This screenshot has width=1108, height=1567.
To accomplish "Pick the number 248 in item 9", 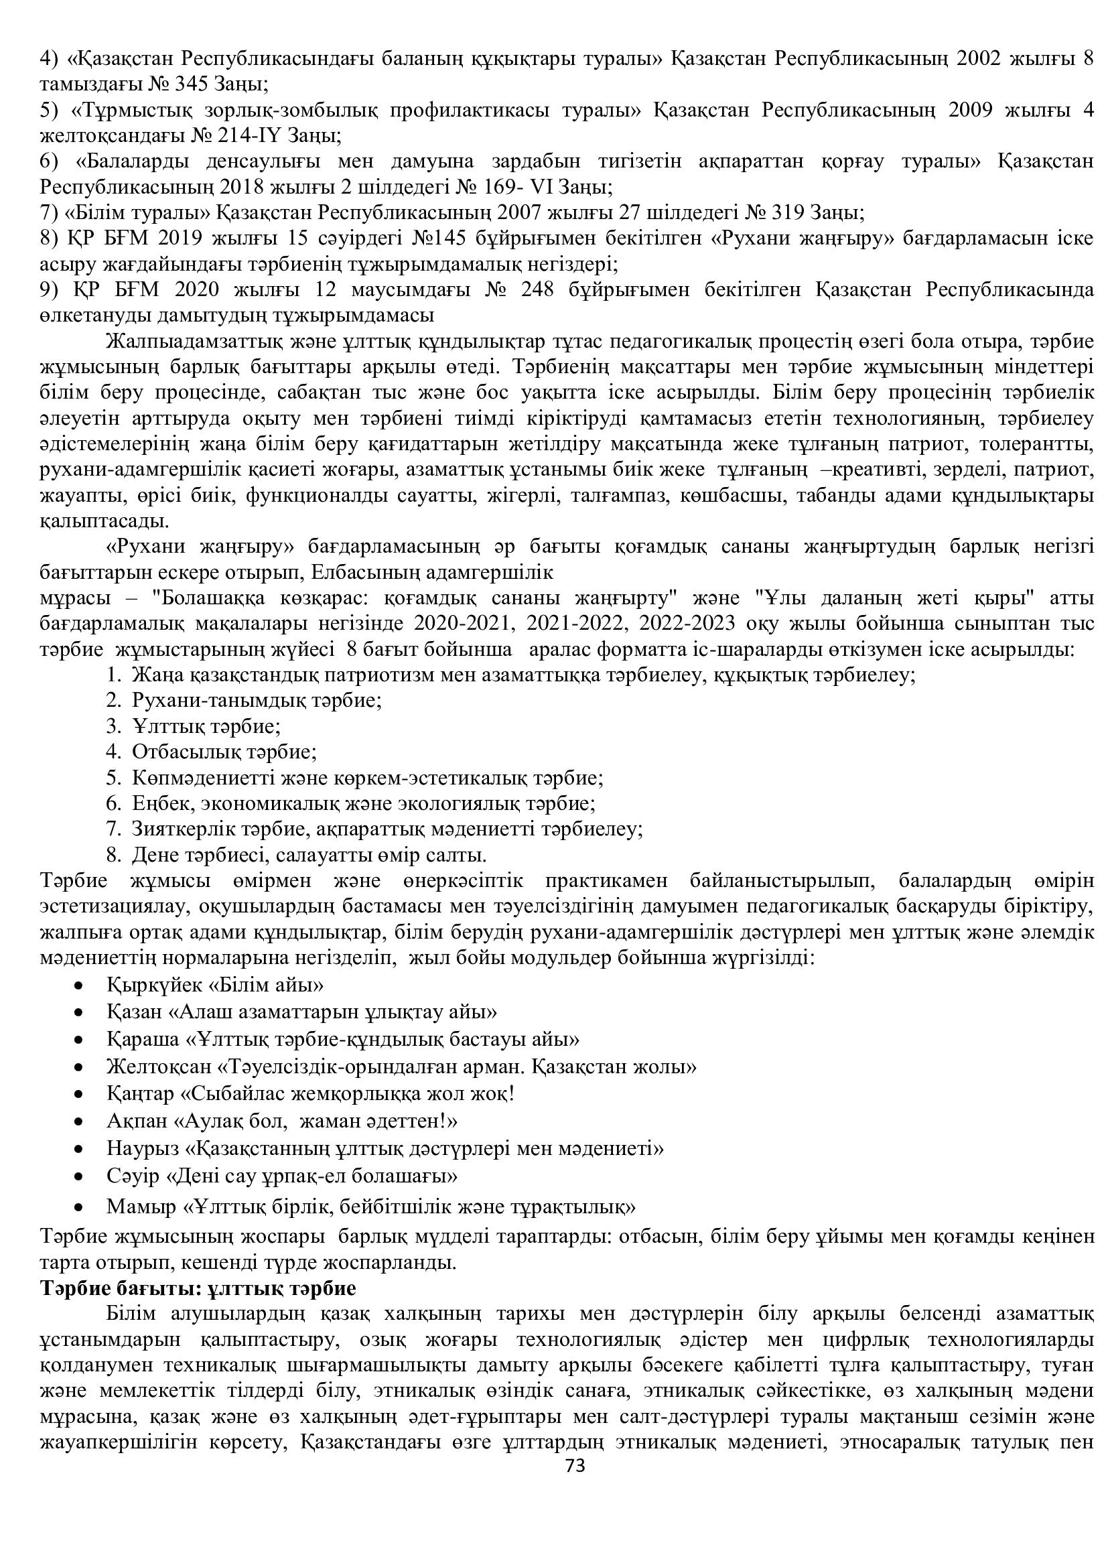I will click(x=543, y=289).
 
